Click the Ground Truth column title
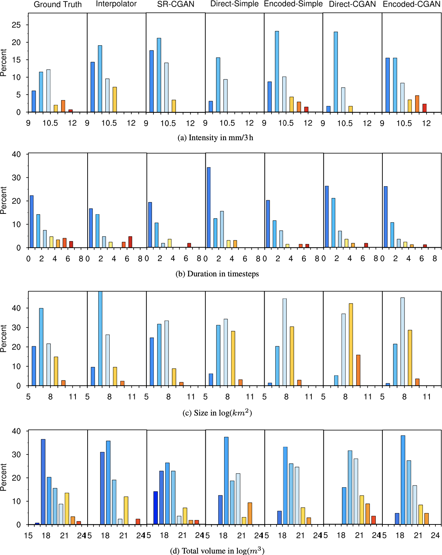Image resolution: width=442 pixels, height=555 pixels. (58, 5)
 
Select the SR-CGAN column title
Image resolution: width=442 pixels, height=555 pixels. (176, 5)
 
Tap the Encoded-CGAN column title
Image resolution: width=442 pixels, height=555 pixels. (411, 4)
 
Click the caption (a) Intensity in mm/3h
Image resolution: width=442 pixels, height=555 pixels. (215, 138)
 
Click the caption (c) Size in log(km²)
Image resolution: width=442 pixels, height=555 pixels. (217, 413)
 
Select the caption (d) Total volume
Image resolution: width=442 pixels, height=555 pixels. (217, 551)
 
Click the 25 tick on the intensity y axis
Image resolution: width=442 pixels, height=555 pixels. (17, 25)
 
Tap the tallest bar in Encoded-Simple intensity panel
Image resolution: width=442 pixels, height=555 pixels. (277, 72)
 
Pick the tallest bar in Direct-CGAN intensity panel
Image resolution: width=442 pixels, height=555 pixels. (336, 72)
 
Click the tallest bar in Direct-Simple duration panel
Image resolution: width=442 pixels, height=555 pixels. (209, 208)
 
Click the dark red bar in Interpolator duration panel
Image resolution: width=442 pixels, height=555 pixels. (130, 242)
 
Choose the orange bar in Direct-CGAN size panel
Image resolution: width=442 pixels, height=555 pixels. (358, 370)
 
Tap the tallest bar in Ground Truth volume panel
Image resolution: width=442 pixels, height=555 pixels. (43, 482)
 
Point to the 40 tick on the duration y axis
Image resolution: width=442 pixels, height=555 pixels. (17, 155)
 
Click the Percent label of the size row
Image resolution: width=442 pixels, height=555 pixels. (4, 339)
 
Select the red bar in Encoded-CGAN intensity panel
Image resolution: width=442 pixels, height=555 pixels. (424, 108)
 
